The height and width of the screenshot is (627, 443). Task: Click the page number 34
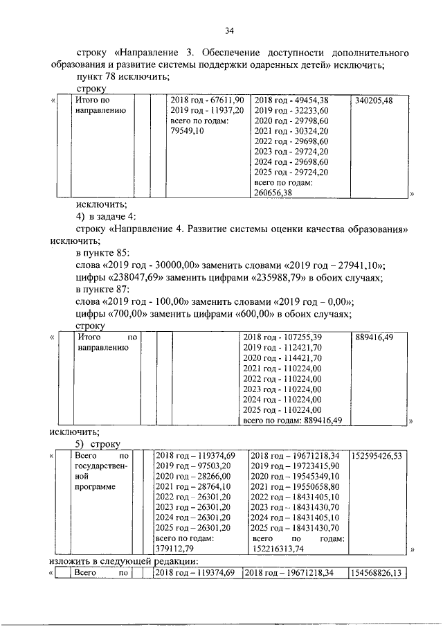(230, 30)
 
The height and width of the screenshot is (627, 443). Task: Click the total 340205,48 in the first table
(373, 100)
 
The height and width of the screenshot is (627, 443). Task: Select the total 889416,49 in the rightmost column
(374, 337)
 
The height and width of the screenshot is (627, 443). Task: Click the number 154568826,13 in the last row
(378, 573)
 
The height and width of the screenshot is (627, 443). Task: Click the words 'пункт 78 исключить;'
(124, 77)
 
